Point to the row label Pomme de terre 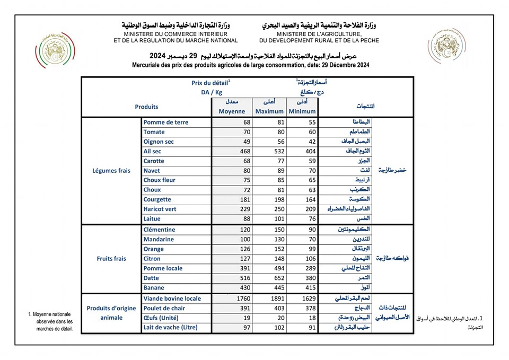[x=165, y=122]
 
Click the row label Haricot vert [x=161, y=209]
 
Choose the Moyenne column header [x=232, y=111]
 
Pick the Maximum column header [x=269, y=111]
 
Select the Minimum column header [x=302, y=111]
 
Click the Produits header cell [x=146, y=107]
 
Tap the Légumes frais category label [x=111, y=171]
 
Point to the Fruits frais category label [x=111, y=259]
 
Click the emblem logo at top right [x=447, y=46]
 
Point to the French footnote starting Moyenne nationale [x=51, y=321]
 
